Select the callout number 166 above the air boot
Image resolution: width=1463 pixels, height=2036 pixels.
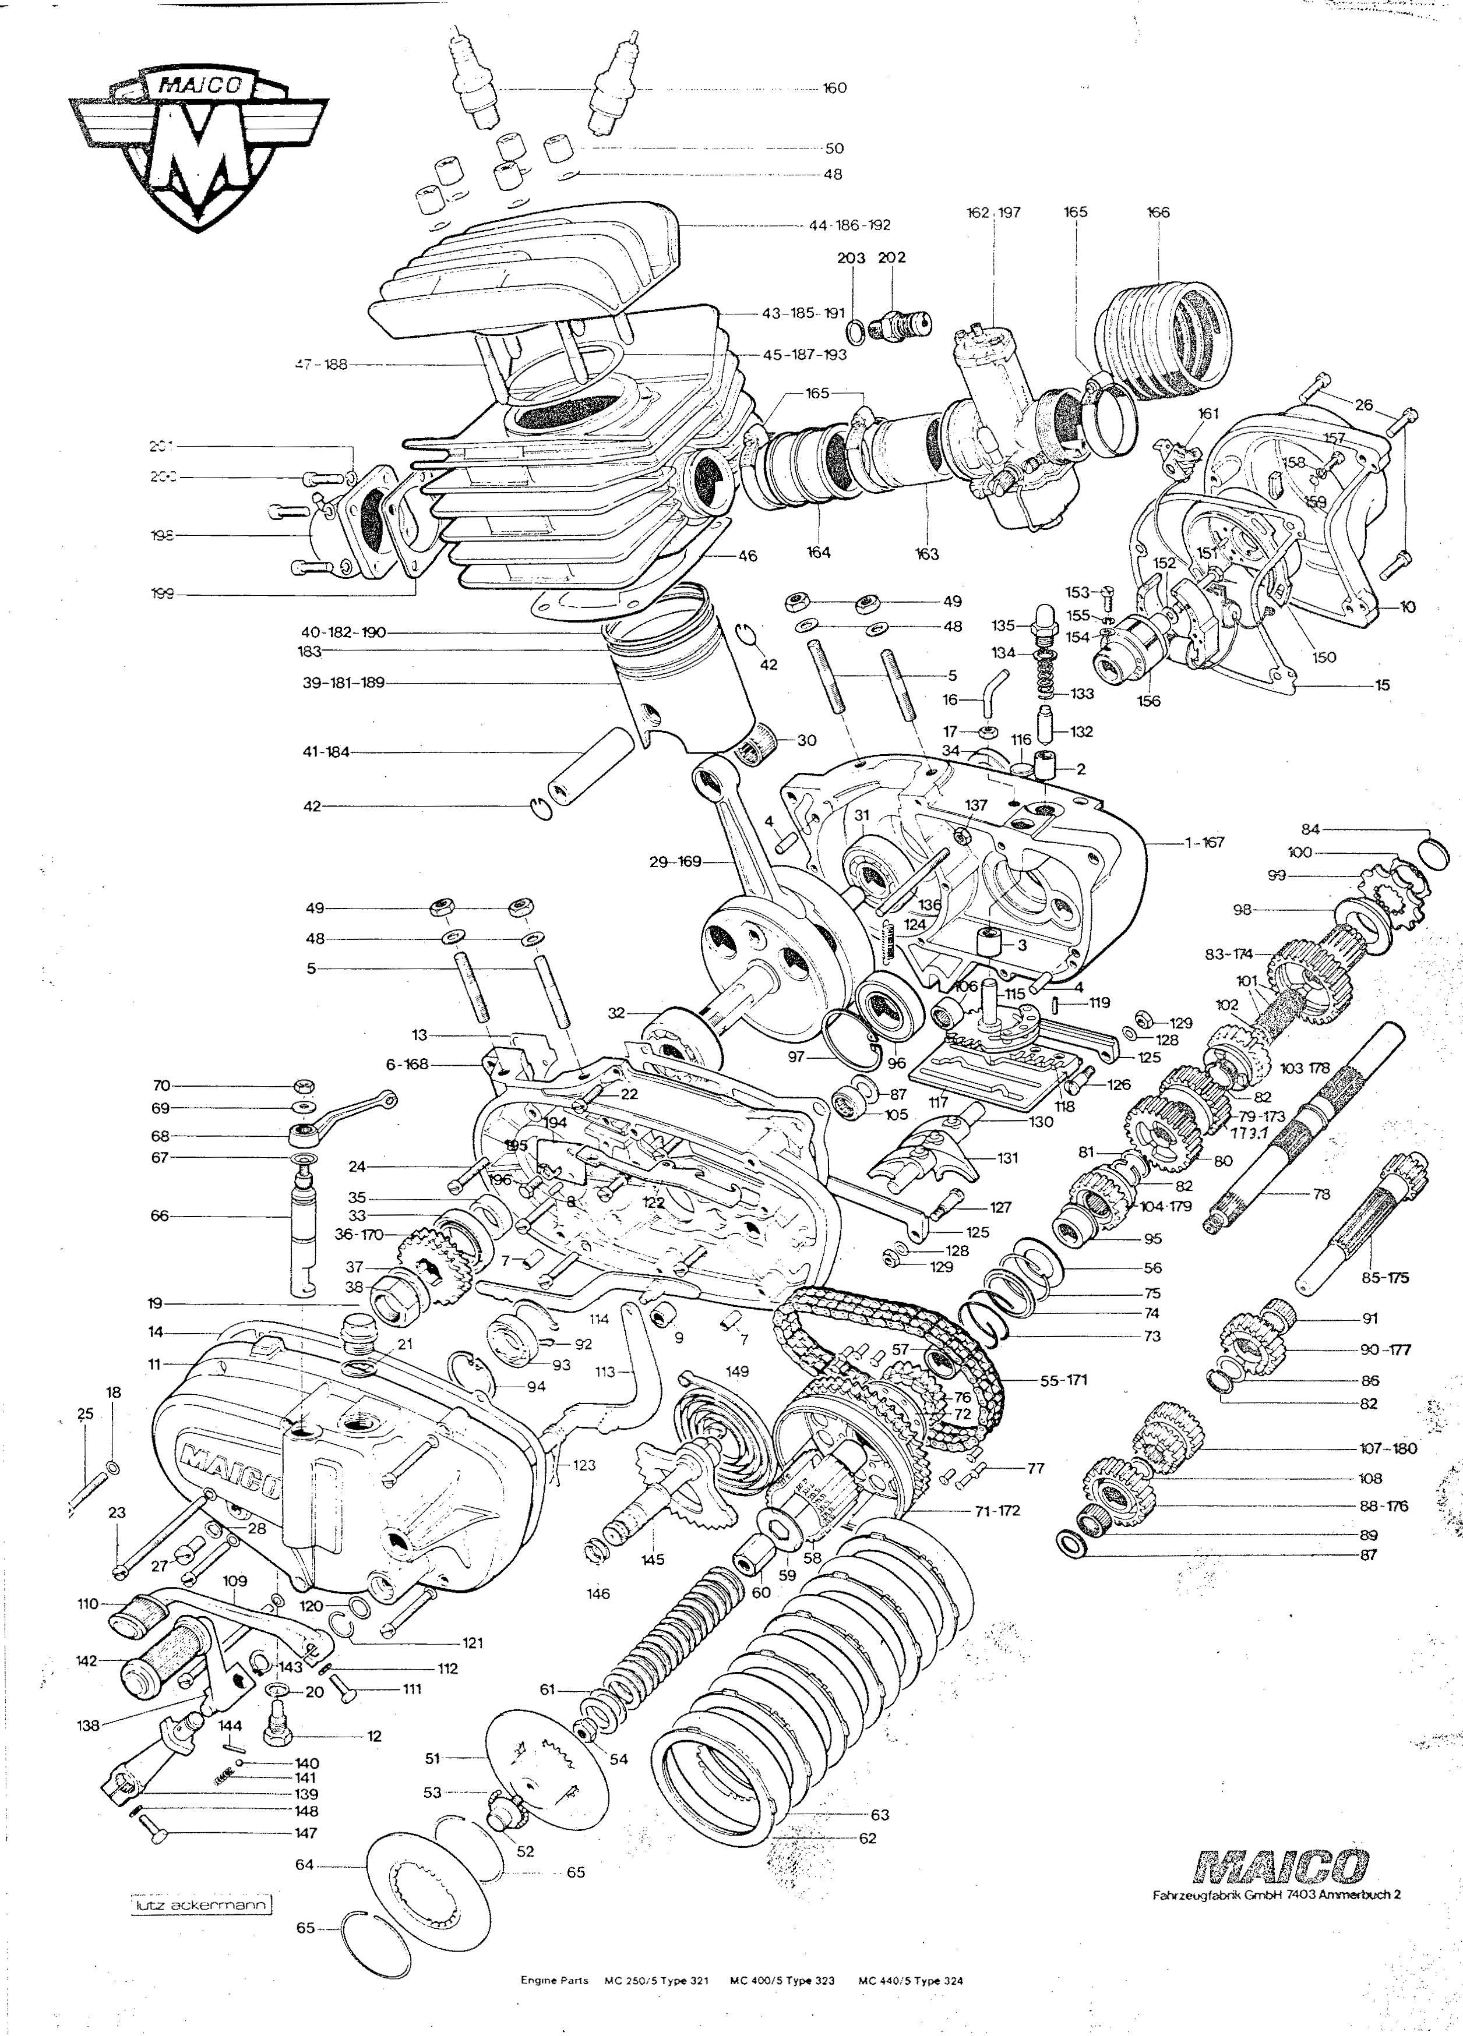tap(1158, 213)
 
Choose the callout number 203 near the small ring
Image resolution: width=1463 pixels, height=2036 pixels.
tap(851, 257)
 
